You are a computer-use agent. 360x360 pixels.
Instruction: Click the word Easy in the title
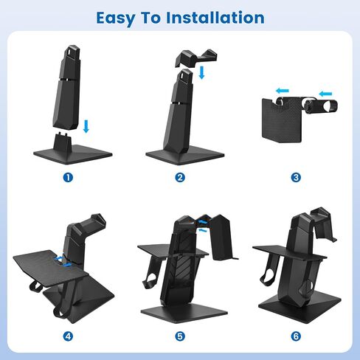(116, 18)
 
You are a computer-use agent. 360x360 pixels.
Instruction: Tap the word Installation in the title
(215, 18)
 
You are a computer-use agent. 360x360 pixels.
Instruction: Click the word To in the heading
(150, 18)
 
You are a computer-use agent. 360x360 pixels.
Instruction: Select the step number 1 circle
(68, 178)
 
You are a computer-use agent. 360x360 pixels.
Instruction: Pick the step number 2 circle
(180, 178)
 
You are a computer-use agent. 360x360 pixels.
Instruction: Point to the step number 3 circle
(296, 178)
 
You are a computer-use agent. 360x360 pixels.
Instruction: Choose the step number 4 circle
(68, 336)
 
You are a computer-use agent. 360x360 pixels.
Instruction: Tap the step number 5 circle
(180, 336)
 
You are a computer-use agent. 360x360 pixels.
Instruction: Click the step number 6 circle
(296, 336)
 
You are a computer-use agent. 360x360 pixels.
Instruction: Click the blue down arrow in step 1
(86, 126)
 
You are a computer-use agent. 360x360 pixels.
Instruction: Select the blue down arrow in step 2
(201, 72)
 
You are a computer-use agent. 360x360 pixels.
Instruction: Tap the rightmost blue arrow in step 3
(325, 94)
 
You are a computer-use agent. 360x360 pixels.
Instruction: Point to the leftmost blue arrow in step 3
(283, 91)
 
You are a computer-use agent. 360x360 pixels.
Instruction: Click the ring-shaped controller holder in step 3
(321, 106)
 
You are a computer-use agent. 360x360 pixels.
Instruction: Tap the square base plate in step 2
(185, 156)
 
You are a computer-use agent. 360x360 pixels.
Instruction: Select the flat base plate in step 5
(184, 314)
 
